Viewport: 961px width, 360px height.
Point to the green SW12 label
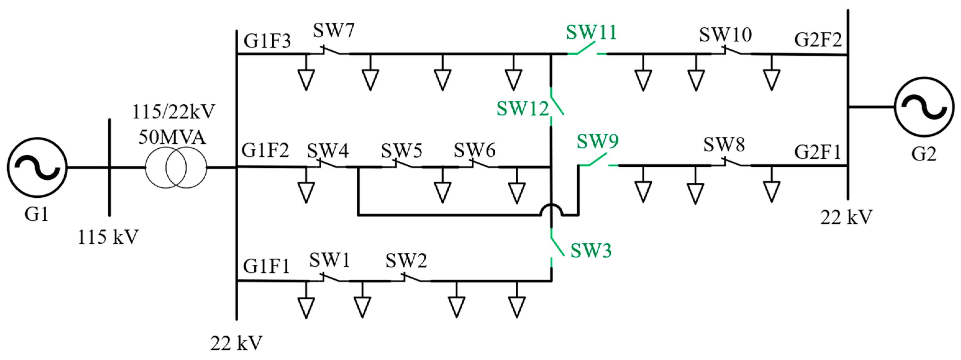click(522, 109)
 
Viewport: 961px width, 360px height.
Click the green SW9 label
click(597, 141)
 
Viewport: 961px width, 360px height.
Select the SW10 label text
click(725, 35)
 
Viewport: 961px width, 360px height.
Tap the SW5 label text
click(401, 150)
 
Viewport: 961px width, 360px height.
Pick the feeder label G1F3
click(267, 41)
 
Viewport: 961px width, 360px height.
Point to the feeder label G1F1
click(266, 266)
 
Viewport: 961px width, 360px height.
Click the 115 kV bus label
click(108, 236)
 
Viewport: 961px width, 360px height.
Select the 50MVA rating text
click(172, 137)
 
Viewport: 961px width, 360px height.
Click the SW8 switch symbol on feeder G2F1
click(731, 162)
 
